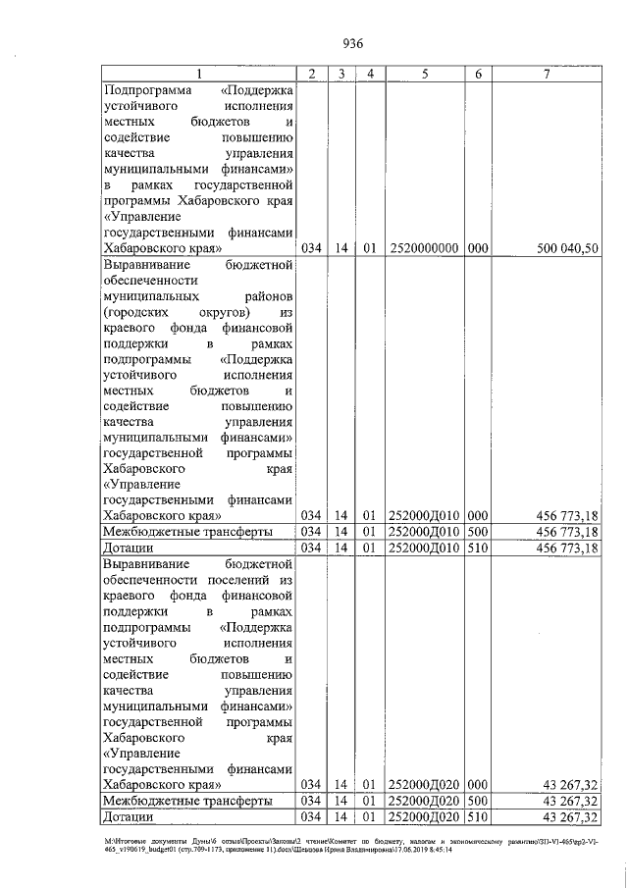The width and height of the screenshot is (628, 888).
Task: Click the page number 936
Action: [353, 43]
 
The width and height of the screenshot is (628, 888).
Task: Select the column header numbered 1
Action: [199, 75]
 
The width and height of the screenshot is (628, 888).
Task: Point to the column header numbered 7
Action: [546, 75]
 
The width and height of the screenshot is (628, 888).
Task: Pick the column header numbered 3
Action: [340, 75]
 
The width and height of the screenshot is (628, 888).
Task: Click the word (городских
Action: [136, 312]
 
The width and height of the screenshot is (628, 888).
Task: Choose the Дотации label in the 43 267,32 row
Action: [127, 817]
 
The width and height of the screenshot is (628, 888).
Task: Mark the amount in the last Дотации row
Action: [570, 817]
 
